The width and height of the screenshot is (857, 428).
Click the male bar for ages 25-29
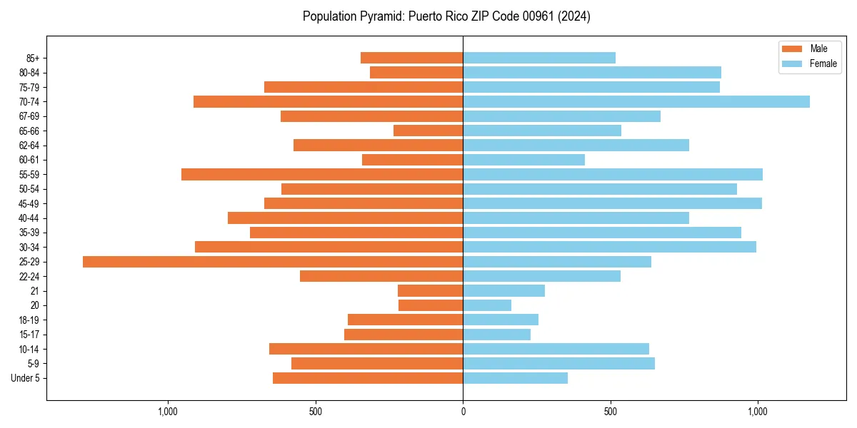tap(273, 262)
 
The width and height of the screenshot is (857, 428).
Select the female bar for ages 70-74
tap(636, 101)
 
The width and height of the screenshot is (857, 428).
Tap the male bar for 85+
tap(411, 58)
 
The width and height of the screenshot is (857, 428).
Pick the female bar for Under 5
tap(515, 378)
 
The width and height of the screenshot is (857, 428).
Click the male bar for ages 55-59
tap(322, 174)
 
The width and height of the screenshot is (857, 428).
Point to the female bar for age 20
tap(487, 305)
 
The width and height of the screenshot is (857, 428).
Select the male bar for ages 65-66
tap(428, 131)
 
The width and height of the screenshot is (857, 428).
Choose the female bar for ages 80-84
tap(592, 72)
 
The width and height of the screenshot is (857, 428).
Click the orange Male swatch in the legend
tap(793, 49)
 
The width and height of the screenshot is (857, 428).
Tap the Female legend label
tap(823, 63)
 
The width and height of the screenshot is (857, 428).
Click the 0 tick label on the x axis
tap(463, 412)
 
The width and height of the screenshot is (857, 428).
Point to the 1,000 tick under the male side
tap(167, 412)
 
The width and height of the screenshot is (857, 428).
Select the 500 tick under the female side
tap(610, 412)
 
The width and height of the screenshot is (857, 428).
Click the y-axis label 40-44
tap(29, 218)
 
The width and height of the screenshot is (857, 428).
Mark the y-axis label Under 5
tap(25, 378)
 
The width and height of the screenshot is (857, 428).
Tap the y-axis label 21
tap(34, 291)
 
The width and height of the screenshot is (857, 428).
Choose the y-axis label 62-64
tap(29, 146)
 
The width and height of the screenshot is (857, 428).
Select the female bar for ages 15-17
tap(496, 335)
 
